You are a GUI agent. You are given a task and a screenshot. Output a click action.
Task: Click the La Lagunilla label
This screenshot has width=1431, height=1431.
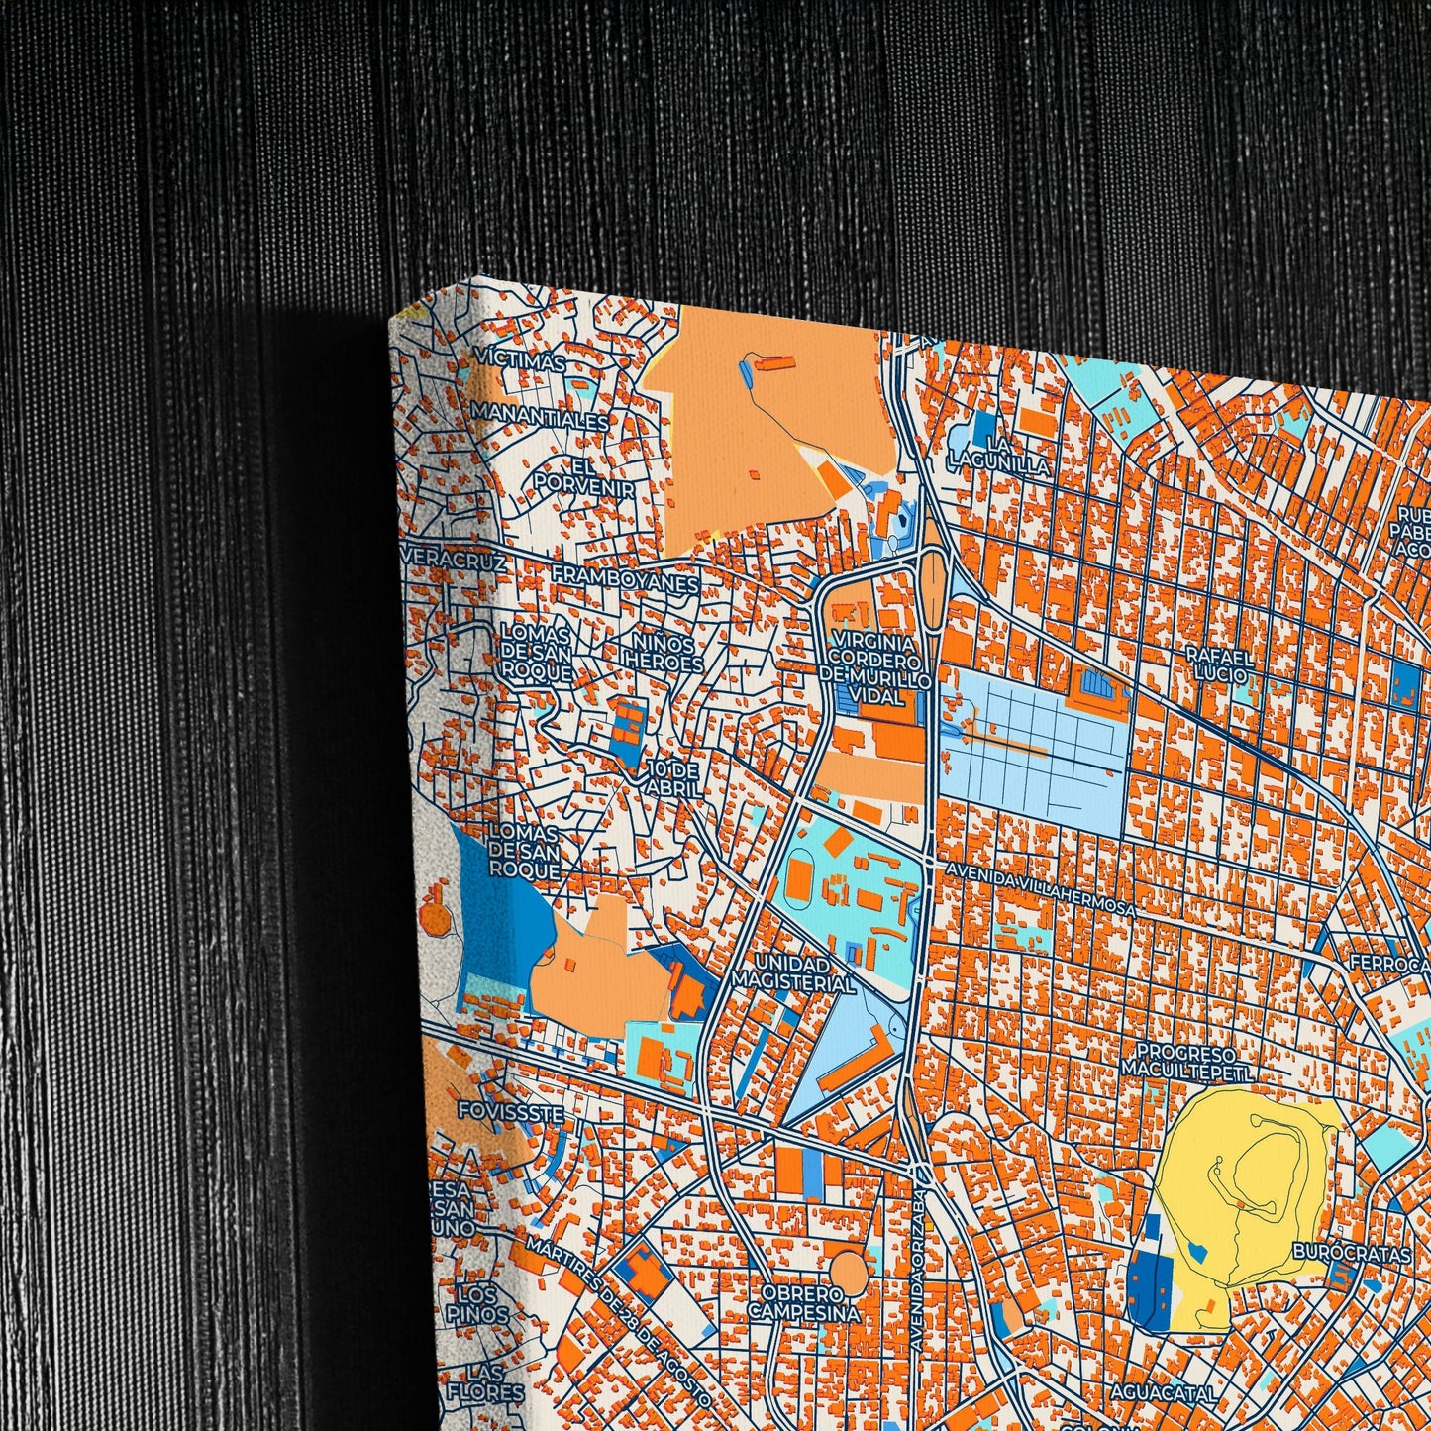(997, 452)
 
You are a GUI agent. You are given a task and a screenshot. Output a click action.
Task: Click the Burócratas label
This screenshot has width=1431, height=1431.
(1351, 1253)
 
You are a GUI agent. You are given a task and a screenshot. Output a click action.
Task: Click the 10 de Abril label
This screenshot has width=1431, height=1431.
(675, 778)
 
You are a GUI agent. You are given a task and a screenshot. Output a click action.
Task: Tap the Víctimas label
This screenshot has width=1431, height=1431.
(520, 362)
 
